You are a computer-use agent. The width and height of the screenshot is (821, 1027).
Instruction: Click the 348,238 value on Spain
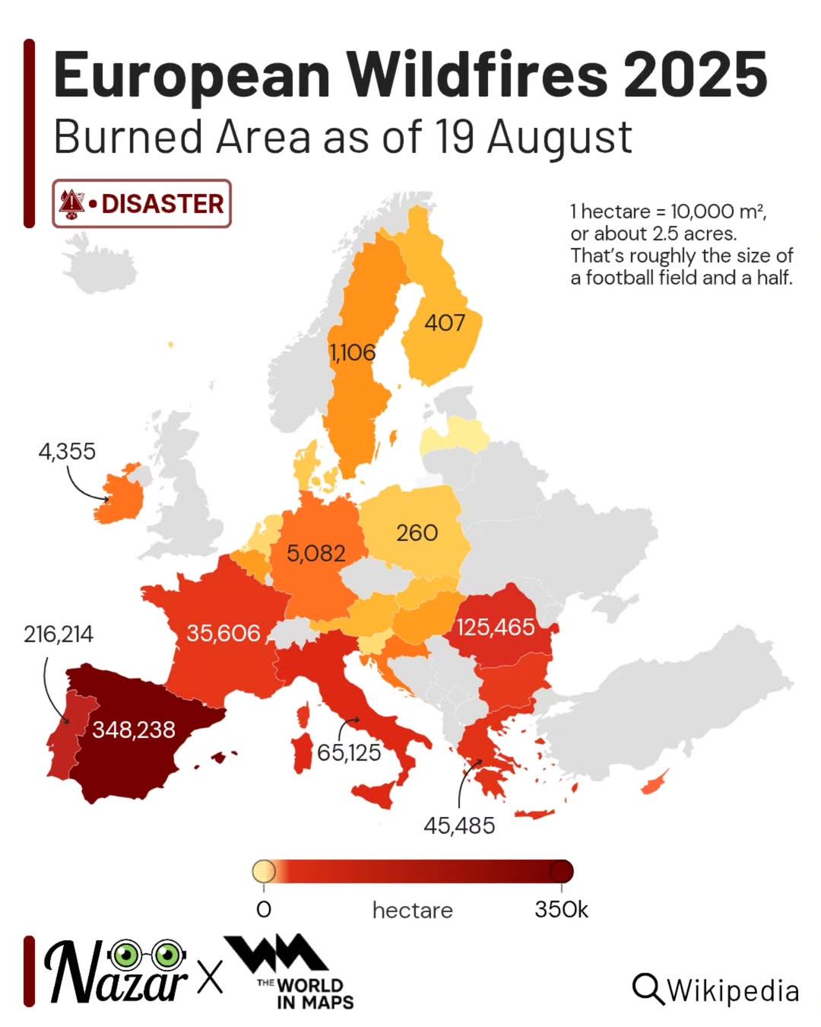pos(134,730)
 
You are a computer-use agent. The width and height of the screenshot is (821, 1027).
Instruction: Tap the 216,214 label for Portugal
pos(59,634)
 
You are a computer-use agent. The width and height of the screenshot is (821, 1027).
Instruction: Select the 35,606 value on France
pos(223,633)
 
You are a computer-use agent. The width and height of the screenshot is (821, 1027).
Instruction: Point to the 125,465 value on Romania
pos(496,627)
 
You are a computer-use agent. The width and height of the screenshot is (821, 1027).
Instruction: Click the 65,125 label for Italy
pos(349,752)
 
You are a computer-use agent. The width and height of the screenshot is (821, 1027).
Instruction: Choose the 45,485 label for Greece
pos(459,825)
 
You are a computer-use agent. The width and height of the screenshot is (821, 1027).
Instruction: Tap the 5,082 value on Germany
pos(315,553)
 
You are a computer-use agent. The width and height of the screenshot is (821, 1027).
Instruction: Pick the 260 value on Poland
pos(417,533)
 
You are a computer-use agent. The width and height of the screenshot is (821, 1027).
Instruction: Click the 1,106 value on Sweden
pos(353,352)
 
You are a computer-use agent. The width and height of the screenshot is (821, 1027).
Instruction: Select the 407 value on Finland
pos(445,323)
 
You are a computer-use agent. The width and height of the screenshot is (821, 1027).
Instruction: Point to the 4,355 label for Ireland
pos(67,451)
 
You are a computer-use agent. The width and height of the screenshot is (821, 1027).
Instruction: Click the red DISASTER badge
pos(141,203)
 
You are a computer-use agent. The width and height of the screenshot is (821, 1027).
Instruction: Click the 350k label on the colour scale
pos(561,909)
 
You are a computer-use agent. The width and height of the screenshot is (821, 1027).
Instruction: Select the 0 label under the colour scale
pos(264,909)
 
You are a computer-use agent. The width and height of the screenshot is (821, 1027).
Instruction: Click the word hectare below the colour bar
pos(412,910)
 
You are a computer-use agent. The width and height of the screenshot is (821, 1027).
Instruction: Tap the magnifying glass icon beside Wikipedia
pos(647,988)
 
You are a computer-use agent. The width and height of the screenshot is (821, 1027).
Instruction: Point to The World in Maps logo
pos(293,973)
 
